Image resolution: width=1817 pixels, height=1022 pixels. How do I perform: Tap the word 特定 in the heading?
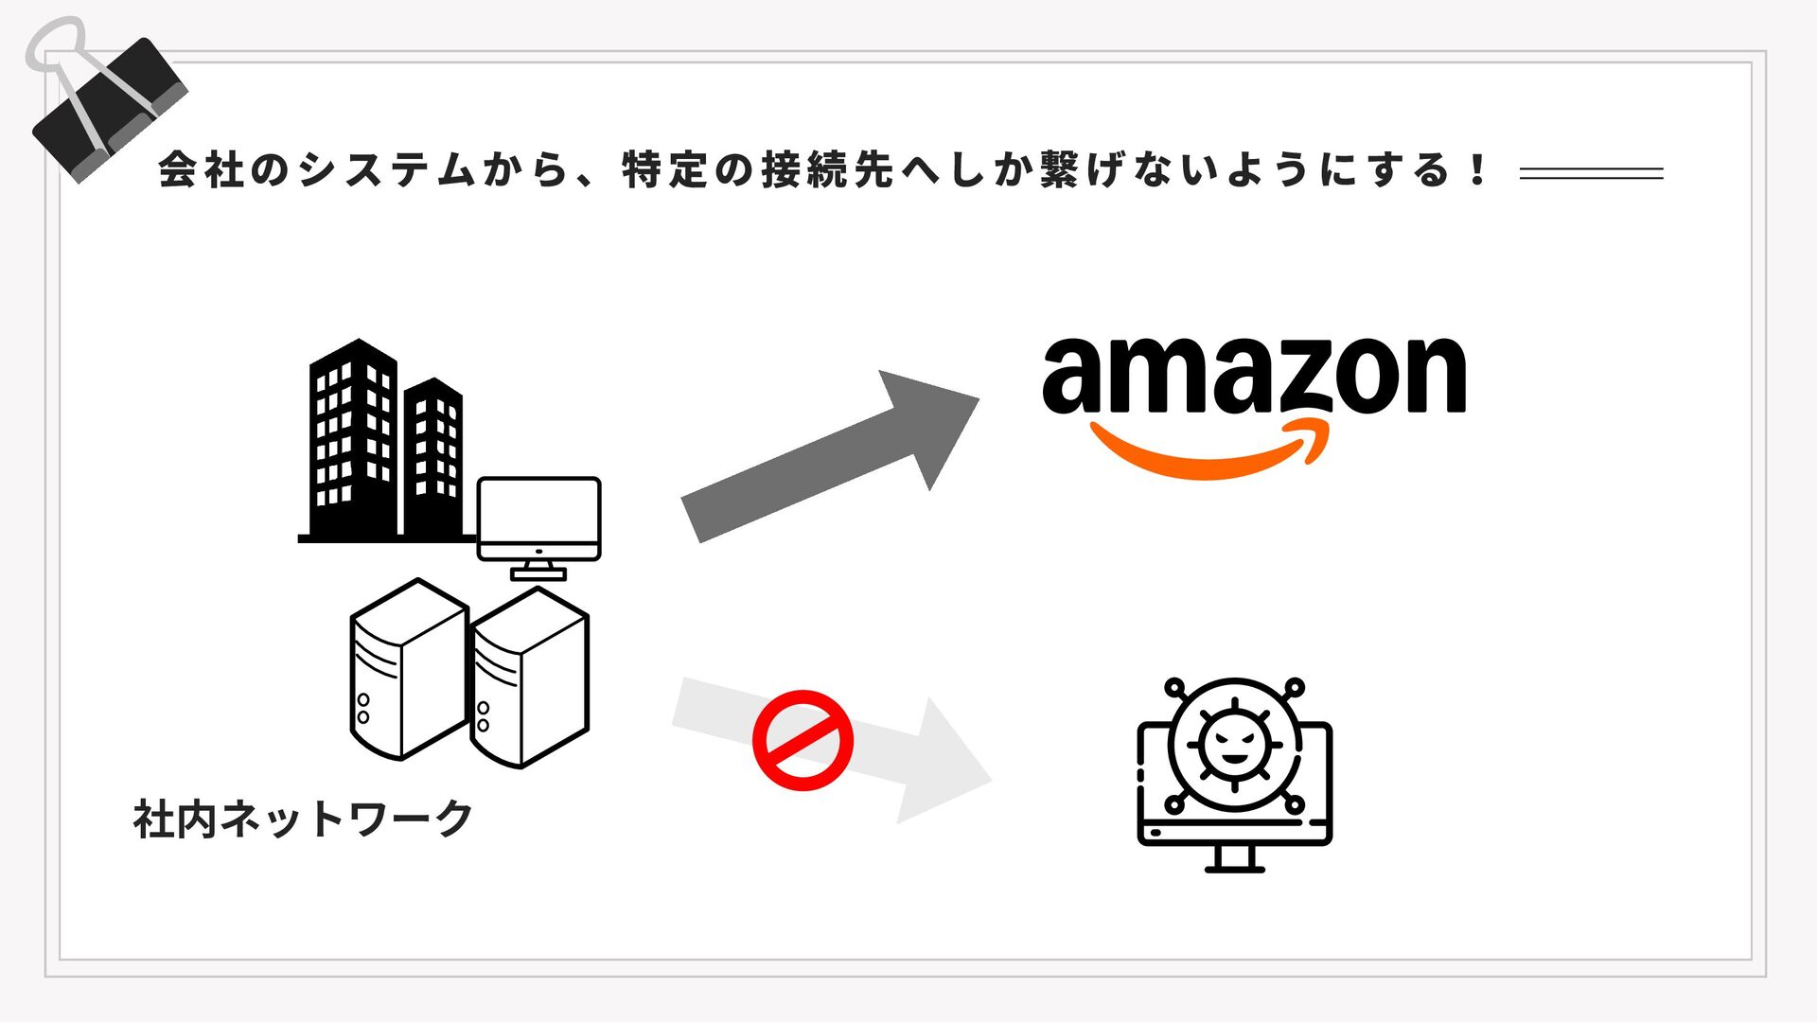[666, 170]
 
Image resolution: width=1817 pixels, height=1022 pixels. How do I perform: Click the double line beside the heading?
[1591, 173]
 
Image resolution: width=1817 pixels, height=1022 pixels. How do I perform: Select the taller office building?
[353, 440]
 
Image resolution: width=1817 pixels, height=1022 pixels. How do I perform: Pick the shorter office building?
[433, 454]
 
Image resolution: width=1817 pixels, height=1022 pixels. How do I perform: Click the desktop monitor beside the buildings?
[538, 520]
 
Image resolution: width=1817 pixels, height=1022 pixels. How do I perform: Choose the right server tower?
[530, 678]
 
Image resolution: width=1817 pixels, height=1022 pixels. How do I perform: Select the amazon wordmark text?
[1254, 376]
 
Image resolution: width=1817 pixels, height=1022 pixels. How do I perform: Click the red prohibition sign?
[803, 740]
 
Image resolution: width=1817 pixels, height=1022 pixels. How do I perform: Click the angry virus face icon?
[1234, 744]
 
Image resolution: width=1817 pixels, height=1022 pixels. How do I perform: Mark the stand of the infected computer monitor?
[1234, 857]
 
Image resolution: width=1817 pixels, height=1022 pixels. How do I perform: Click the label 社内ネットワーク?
[303, 819]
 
